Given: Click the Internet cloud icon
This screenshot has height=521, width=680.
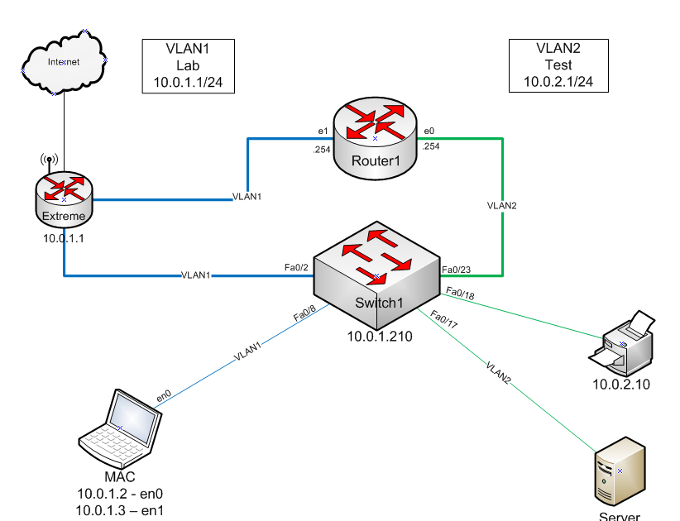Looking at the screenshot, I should [63, 61].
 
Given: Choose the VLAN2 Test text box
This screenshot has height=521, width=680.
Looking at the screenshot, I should [558, 65].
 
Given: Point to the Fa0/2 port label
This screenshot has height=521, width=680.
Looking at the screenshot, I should [297, 267].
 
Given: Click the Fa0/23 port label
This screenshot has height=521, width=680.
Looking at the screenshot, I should [457, 270].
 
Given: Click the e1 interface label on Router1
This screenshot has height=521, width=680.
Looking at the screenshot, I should [323, 131].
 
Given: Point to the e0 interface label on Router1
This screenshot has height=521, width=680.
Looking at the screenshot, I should [429, 131].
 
